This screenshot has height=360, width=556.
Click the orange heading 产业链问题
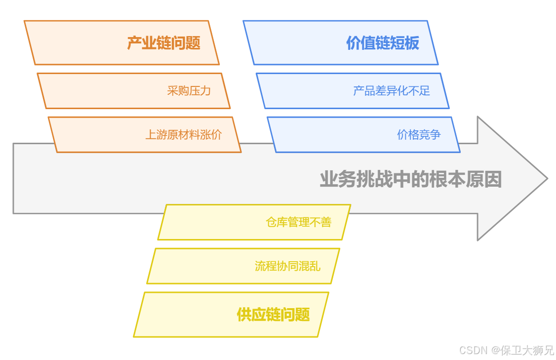tap(163, 43)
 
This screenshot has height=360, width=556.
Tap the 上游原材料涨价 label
tap(183, 134)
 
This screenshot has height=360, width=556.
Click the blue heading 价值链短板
tap(382, 43)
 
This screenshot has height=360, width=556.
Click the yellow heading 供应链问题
tap(273, 315)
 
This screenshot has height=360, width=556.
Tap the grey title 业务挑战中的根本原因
tap(410, 179)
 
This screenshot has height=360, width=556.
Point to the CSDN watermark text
tap(474, 350)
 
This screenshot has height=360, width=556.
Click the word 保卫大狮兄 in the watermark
tap(527, 350)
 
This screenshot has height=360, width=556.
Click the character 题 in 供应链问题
tap(303, 315)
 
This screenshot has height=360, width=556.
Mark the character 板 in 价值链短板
tap(412, 43)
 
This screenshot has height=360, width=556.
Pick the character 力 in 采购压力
tap(205, 91)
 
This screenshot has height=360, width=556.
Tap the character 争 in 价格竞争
tap(435, 134)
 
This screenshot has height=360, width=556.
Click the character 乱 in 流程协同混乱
tap(315, 266)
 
